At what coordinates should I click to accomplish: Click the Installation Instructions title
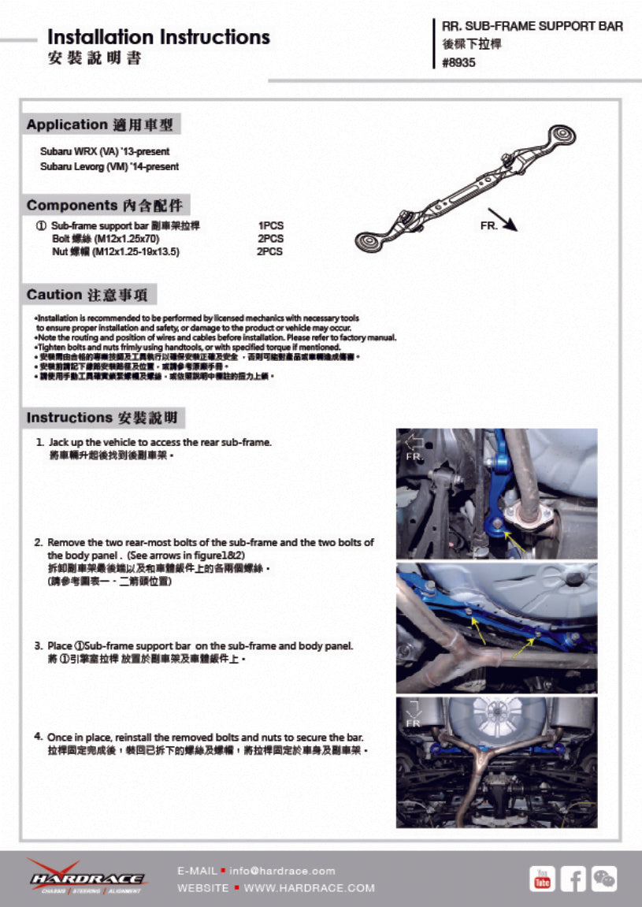pos(158,37)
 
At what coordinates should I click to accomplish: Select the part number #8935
pos(458,63)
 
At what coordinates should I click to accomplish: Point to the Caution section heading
pos(91,295)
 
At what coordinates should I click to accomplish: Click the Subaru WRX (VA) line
pos(105,151)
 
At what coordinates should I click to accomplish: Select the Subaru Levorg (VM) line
pos(109,166)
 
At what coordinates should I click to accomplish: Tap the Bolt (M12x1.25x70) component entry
pos(106,238)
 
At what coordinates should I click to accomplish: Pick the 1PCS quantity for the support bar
pos(271,225)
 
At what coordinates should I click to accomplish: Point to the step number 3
pos(38,646)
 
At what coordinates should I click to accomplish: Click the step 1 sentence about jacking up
pos(160,442)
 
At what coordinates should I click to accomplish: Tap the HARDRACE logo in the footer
pos(87,877)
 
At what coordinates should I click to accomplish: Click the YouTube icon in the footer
pos(541,878)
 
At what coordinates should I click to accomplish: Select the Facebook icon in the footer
pos(573,878)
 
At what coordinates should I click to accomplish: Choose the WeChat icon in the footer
pos(604,878)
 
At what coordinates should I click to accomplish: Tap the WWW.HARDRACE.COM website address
pos(309,888)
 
